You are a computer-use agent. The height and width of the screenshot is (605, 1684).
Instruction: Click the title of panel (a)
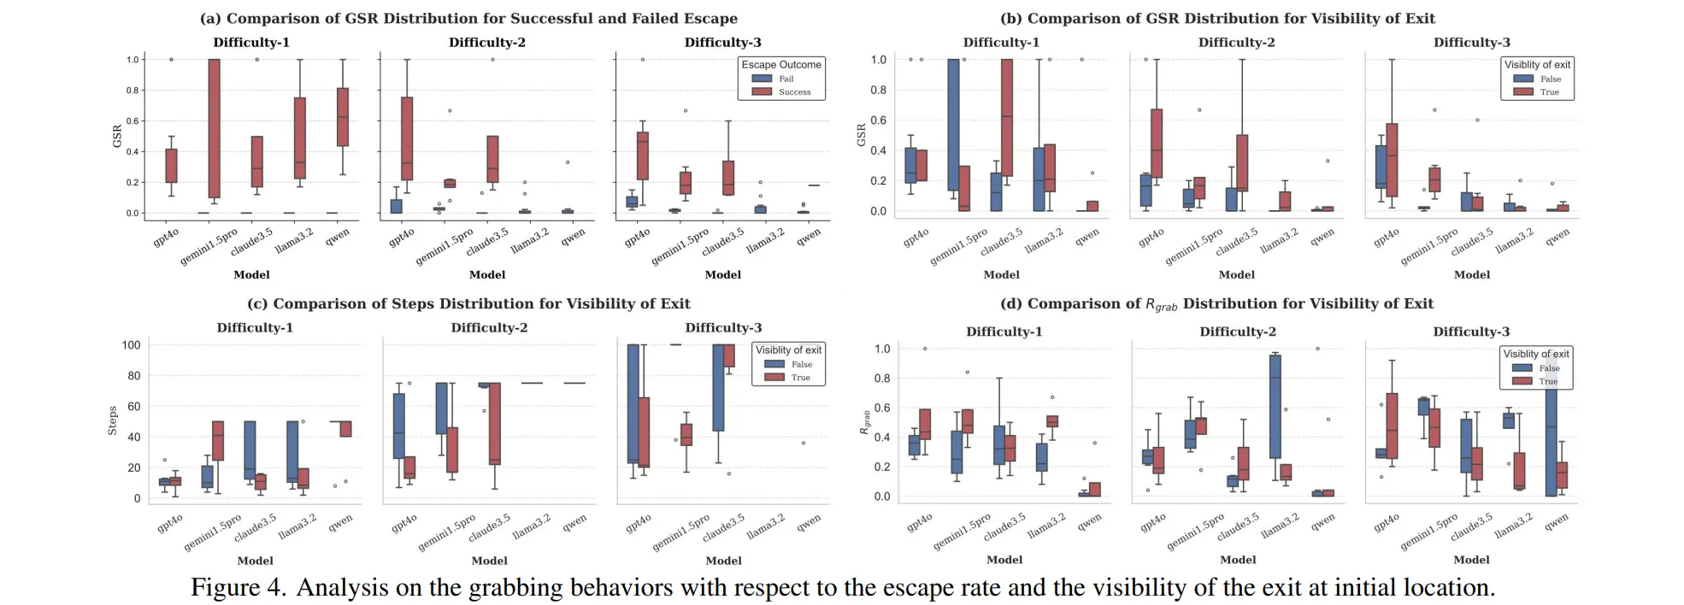tap(468, 18)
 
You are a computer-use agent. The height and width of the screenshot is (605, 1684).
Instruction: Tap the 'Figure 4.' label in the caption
tap(238, 587)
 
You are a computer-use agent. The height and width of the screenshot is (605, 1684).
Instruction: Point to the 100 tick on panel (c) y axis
tap(131, 345)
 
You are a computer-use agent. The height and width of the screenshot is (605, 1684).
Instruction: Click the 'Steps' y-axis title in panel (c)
tap(112, 421)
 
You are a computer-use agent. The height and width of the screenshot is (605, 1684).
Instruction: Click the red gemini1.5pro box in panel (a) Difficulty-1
tap(214, 128)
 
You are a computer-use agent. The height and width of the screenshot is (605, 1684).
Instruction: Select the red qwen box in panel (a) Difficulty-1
tap(343, 117)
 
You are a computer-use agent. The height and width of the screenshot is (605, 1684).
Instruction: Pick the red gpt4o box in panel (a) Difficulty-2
tap(407, 138)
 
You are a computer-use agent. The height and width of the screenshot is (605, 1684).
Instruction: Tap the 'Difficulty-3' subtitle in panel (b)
tap(1471, 42)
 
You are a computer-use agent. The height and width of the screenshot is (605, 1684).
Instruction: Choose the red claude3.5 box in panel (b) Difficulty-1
tap(1007, 117)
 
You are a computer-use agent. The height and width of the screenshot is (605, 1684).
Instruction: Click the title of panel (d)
tap(1216, 304)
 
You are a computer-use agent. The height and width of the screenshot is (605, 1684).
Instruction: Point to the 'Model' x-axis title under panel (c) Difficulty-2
tap(489, 561)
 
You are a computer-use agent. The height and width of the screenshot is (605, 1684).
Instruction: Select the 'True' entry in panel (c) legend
tap(800, 377)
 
